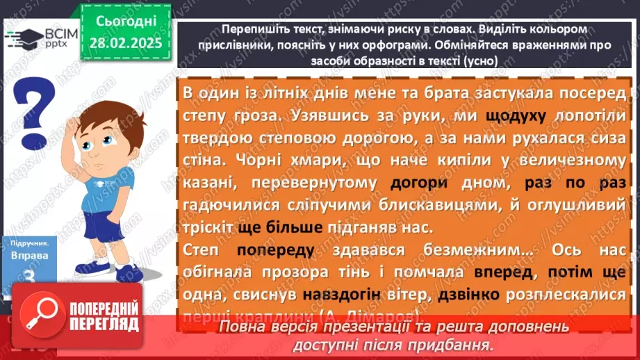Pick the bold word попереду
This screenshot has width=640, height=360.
pos(276,251)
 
